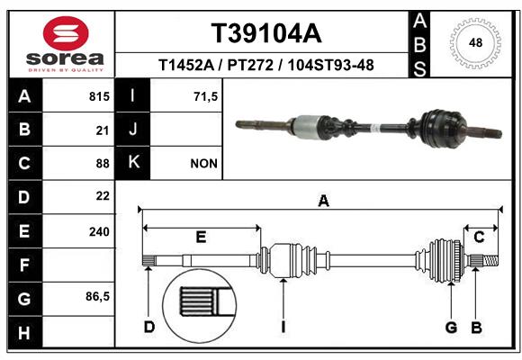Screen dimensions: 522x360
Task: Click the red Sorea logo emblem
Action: pos(66,33)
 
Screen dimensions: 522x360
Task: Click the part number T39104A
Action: pos(266,33)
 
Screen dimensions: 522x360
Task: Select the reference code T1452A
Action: pos(186,65)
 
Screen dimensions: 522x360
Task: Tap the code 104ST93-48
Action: pos(331,65)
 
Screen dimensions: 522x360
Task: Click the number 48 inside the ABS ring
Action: pos(475,42)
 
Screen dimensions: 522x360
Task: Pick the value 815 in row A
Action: pos(99,96)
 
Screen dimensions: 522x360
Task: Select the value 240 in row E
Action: pos(99,231)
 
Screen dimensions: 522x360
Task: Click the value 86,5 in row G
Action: pos(97,296)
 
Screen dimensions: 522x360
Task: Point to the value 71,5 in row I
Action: pos(206,96)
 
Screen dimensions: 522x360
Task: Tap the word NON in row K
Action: pos(203,164)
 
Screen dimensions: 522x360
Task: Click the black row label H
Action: pos(25,332)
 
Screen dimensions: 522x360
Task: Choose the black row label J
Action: pos(132,129)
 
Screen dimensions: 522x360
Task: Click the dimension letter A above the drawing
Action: pos(324,201)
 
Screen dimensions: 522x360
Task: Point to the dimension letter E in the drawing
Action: pos(201,237)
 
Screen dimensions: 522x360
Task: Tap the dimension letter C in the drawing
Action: pos(479,237)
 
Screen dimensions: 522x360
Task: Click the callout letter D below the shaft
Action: pos(149,327)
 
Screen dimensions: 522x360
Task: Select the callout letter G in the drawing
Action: pos(452,327)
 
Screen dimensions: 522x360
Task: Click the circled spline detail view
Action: pos(199,306)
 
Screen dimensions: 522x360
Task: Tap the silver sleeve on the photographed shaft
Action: pos(308,126)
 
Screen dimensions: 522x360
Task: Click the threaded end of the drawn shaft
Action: pos(490,260)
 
